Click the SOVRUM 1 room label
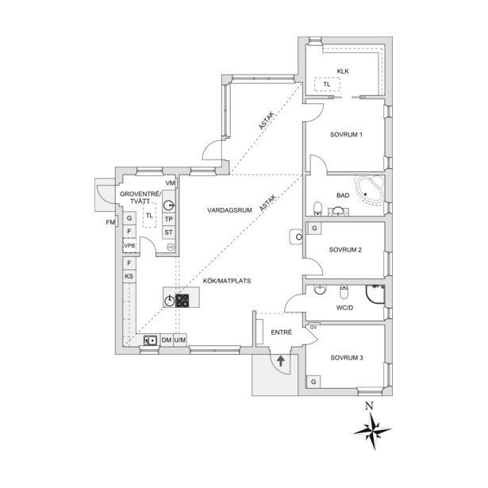coord(346,135)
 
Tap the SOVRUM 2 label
coord(345,250)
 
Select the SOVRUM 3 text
coord(347,358)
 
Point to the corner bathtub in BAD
coord(370,190)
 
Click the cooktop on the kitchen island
coord(182,301)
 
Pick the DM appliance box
coord(167,340)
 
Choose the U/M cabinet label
coord(180,340)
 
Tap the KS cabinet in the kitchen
coord(129,276)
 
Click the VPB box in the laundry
coord(130,245)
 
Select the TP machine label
coord(169,219)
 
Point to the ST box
coord(169,232)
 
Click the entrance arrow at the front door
coord(281,361)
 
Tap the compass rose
coord(372,431)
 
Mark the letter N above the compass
coord(369,405)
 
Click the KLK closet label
coord(343,71)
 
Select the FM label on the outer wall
coord(110,222)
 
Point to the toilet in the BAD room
coord(317,208)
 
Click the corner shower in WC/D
coord(375,294)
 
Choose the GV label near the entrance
coord(313,328)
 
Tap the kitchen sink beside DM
coord(150,340)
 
